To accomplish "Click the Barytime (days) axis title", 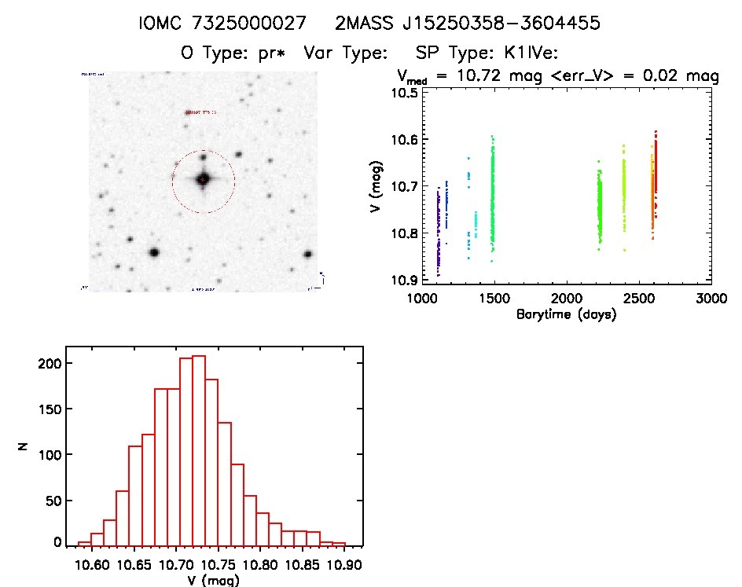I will point(566,314).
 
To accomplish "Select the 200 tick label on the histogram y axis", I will point(50,363).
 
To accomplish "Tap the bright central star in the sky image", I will point(203,180).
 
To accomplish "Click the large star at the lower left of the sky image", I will point(154,252).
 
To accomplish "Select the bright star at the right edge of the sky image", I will point(307,255).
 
